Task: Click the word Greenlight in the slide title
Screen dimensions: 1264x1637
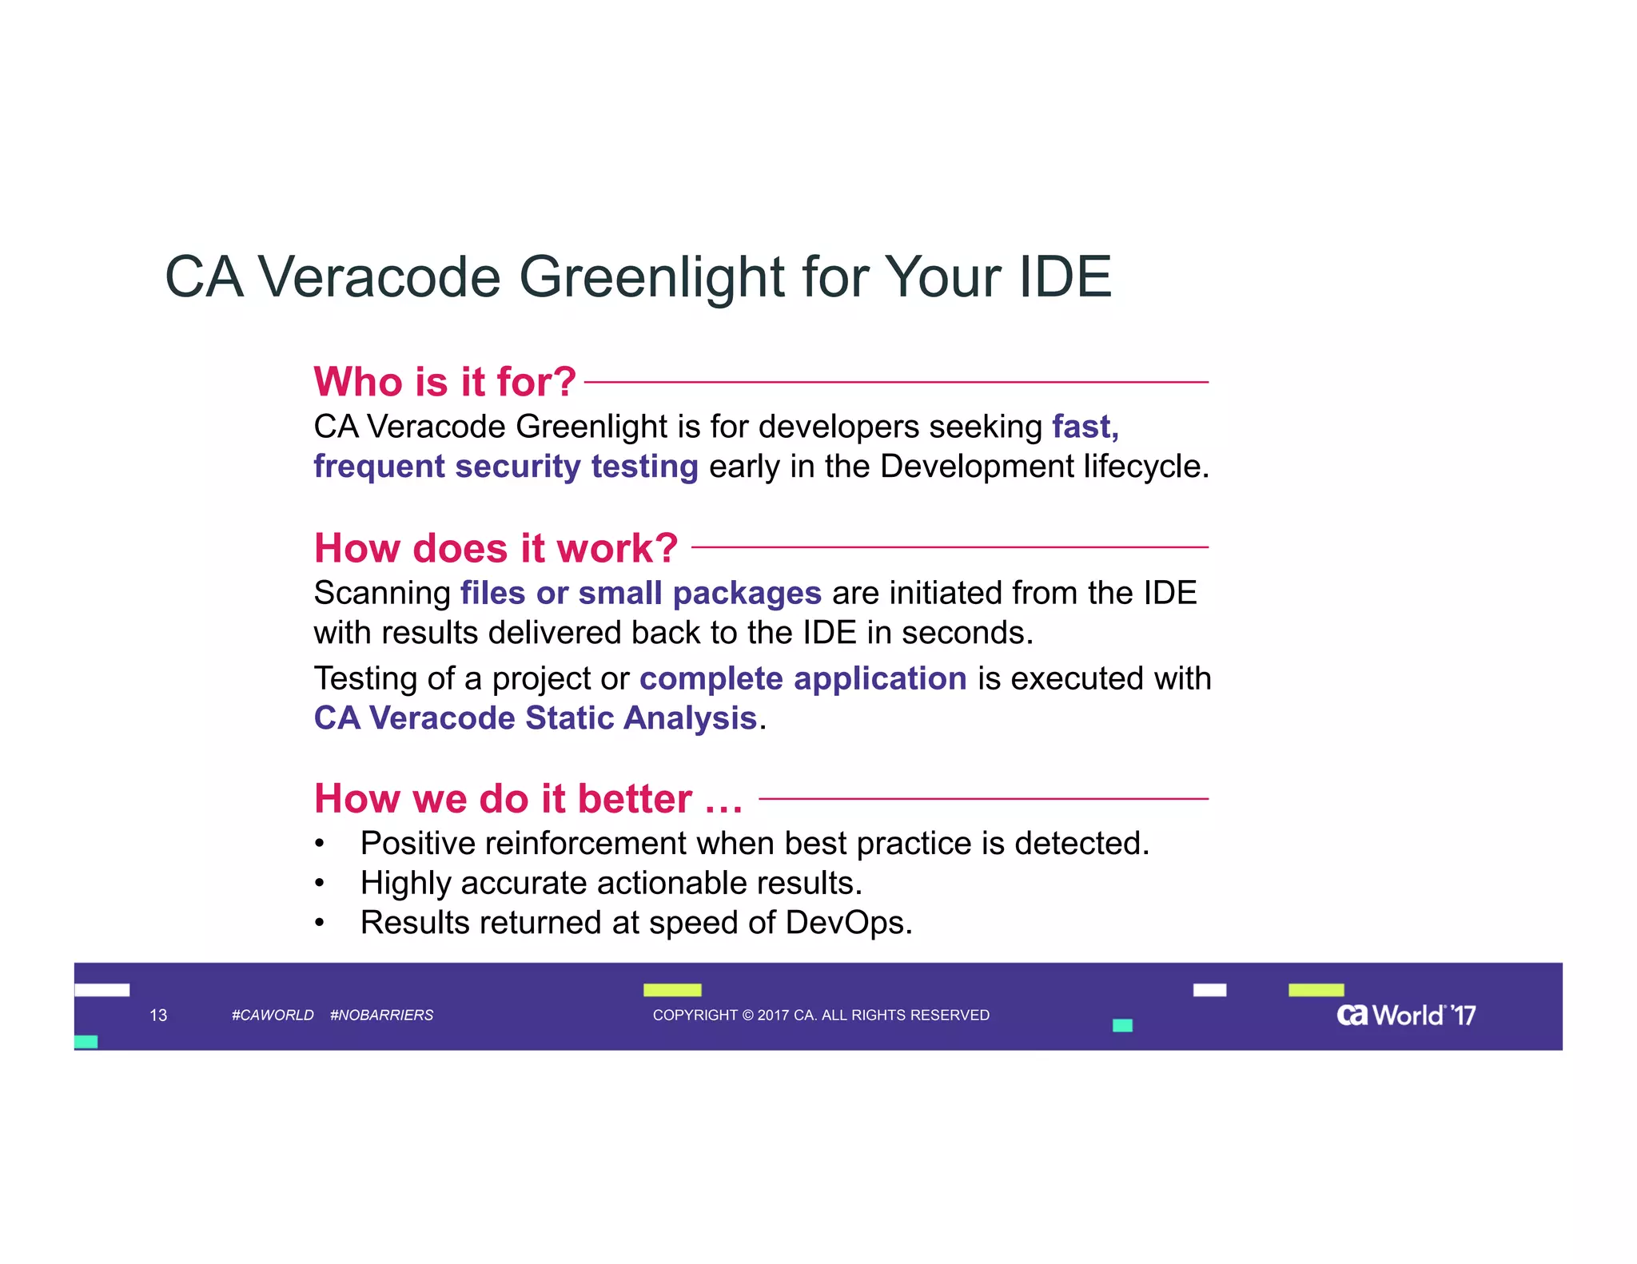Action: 652,277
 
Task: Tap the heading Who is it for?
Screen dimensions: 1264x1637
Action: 444,382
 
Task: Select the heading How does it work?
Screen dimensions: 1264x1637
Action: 496,548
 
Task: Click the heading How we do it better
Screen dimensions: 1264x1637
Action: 528,799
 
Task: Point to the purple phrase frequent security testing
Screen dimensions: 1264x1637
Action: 505,467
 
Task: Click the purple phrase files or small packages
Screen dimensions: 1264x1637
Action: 640,593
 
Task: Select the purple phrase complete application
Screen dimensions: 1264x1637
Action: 803,678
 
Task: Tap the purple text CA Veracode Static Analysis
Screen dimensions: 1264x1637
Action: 535,717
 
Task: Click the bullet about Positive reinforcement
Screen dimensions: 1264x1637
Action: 754,844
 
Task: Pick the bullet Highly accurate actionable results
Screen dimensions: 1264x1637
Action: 611,884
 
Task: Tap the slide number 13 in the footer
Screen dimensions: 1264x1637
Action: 158,1016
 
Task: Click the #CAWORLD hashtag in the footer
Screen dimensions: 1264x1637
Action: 273,1016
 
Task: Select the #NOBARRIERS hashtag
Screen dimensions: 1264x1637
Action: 381,1016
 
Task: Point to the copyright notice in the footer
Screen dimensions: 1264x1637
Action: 821,1016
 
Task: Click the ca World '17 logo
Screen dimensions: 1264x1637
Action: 1405,1016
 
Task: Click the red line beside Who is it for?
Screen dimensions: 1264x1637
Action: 895,383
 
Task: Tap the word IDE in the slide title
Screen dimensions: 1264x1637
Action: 1064,277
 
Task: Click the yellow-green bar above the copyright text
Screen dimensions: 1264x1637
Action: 672,990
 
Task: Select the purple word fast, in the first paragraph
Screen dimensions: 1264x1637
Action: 1085,427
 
